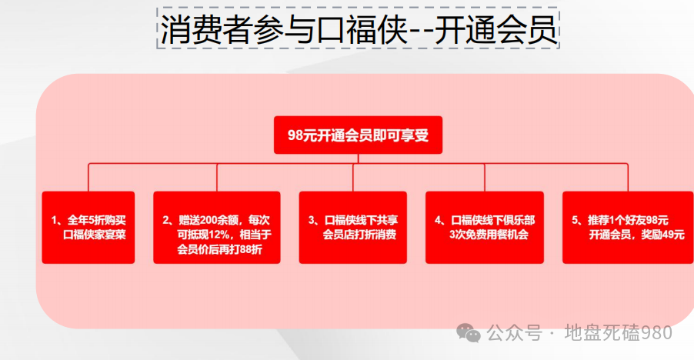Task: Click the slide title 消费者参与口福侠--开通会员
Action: (x=358, y=31)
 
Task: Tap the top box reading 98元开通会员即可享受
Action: (x=358, y=135)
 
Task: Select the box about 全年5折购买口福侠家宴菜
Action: (x=88, y=228)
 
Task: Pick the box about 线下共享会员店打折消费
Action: (x=353, y=228)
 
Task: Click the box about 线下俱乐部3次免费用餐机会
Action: (x=485, y=228)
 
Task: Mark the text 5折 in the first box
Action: (x=93, y=220)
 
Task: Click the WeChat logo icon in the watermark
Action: (x=469, y=332)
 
